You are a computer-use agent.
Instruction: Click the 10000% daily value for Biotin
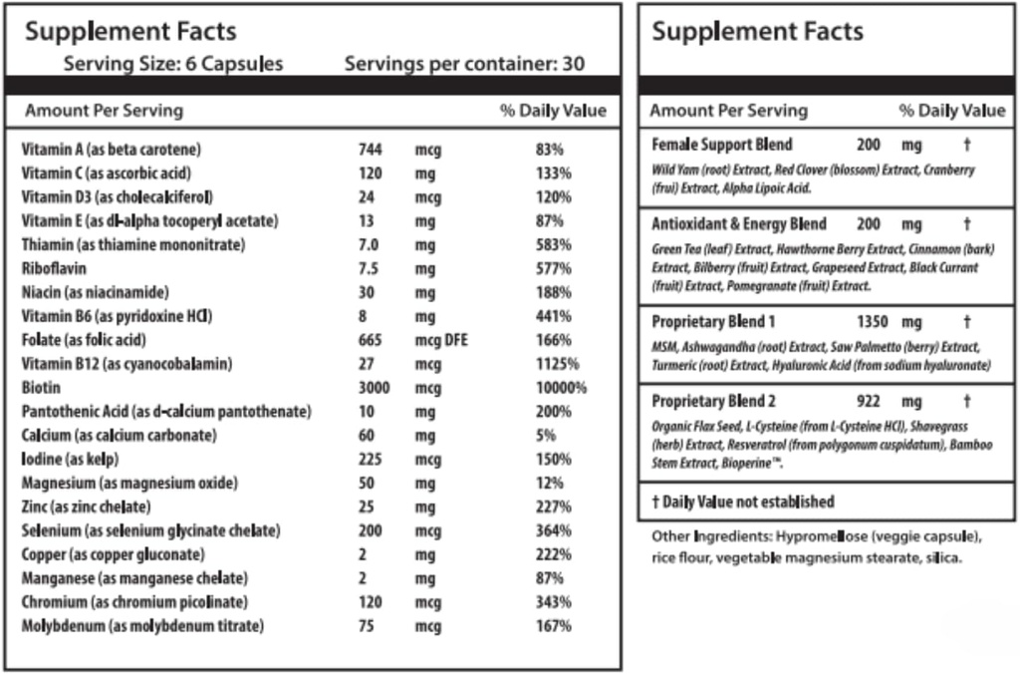(561, 388)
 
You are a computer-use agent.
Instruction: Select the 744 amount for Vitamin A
(371, 150)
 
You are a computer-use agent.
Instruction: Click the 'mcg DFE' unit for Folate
(441, 340)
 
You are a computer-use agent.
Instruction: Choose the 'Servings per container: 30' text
(464, 64)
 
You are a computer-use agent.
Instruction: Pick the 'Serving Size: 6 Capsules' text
(173, 64)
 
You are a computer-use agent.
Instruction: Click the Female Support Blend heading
(722, 145)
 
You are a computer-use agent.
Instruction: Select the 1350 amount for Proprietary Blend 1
(873, 323)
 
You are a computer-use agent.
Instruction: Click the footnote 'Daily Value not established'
(748, 503)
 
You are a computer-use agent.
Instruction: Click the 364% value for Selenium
(553, 530)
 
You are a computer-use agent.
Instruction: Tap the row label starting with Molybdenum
(142, 626)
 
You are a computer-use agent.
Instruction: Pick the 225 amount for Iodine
(371, 460)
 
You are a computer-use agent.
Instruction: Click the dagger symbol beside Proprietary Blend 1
(966, 323)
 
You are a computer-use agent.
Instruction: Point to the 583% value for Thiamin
(553, 244)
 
